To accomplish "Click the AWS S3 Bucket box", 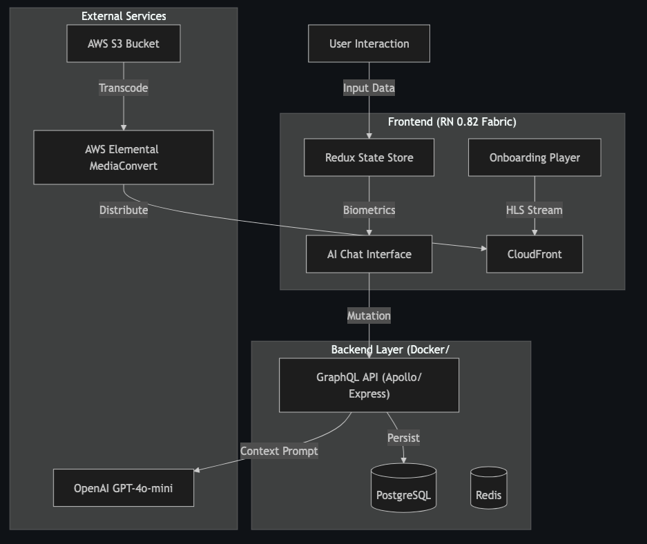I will click(x=124, y=43).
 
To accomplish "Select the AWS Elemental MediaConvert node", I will click(x=124, y=157).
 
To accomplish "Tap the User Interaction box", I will click(x=369, y=43).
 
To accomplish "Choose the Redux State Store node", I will click(x=369, y=157).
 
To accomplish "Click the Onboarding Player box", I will click(x=534, y=157).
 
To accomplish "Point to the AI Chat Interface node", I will click(x=369, y=254).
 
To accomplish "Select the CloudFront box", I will click(x=534, y=254).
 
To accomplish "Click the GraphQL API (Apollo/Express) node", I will click(x=369, y=385).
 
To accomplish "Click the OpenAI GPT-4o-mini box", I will click(x=124, y=488).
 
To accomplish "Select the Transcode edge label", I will click(x=124, y=88).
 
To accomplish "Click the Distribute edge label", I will click(x=124, y=210).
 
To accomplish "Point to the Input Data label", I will click(x=369, y=88).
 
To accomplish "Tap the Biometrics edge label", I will click(x=369, y=210).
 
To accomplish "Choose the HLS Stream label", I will click(x=534, y=210).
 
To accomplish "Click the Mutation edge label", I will click(x=369, y=315).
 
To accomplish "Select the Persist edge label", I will click(x=403, y=438).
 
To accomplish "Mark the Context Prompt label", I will click(x=279, y=451).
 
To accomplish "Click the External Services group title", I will click(x=124, y=16).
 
